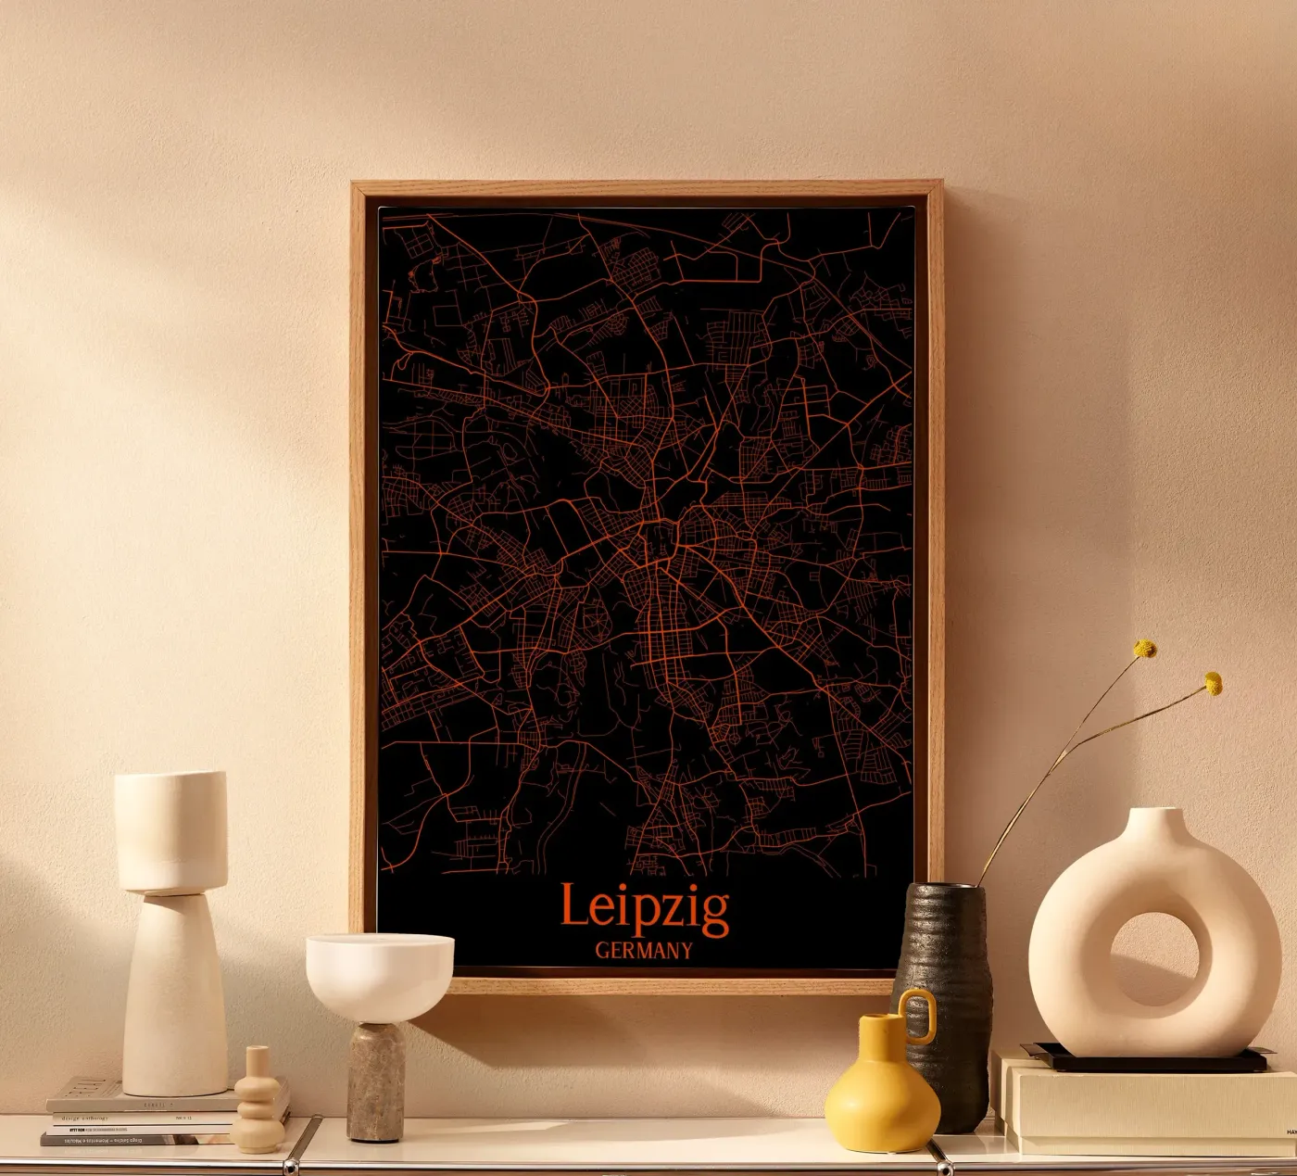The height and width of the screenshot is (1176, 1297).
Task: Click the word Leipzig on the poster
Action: (645, 908)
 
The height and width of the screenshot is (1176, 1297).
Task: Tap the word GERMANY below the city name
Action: (644, 951)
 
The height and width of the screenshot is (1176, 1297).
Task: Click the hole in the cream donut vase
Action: (1153, 960)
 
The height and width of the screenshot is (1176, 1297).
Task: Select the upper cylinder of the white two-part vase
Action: (171, 830)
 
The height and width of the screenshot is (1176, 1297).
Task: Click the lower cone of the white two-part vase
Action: (175, 996)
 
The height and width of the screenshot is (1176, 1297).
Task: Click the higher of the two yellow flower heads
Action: (1145, 649)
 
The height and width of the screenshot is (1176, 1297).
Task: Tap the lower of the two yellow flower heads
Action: (1213, 684)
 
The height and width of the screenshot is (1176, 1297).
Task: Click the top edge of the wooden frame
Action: (647, 188)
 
